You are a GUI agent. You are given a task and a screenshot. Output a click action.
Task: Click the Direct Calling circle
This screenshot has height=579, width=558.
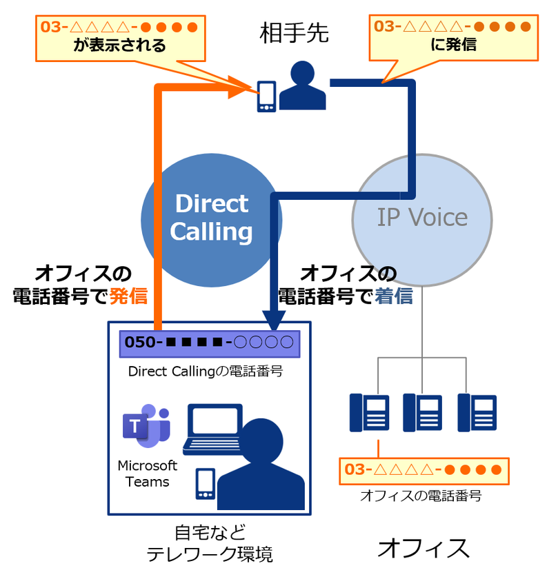point(210,219)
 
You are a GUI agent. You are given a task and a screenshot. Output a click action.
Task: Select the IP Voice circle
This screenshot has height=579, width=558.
point(422,219)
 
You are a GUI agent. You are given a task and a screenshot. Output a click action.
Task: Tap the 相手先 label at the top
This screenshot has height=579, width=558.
point(294,32)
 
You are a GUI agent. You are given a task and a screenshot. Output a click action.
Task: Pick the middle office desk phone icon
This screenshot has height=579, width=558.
point(422,412)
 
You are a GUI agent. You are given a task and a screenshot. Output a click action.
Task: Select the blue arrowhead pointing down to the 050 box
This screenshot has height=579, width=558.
point(276,319)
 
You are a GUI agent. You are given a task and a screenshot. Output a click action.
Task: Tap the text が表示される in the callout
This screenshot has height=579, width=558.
point(120,46)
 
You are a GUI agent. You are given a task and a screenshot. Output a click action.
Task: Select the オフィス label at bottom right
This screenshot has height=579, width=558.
point(424,549)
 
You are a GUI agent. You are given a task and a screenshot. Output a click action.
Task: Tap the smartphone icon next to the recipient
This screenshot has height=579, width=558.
point(266,96)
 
